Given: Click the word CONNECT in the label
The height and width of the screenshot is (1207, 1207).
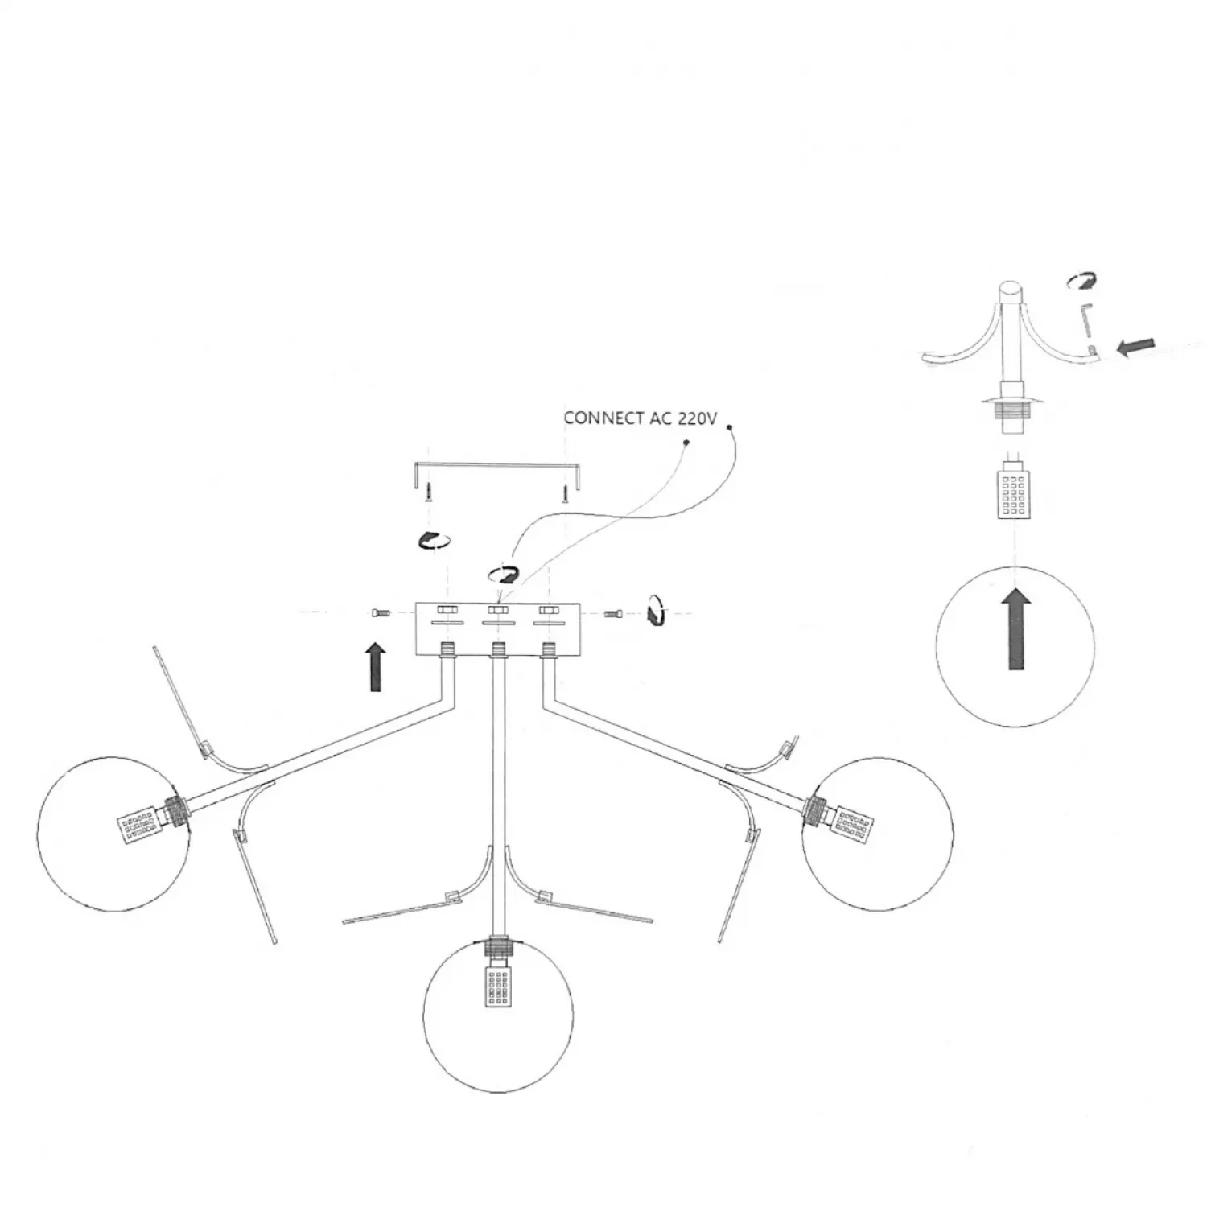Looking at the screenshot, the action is pos(603,418).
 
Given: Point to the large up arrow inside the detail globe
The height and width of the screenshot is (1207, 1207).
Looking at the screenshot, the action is pos(1016,628).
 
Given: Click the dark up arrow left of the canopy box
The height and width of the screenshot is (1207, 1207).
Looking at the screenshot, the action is pos(376,667).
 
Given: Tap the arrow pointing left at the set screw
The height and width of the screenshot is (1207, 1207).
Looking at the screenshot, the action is pos(1135,346).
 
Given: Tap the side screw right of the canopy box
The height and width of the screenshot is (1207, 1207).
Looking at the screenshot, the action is pos(614,614).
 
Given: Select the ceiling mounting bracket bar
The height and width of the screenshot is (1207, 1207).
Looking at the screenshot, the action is pos(496,465).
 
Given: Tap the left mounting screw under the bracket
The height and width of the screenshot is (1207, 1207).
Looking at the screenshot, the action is pos(430,491).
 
